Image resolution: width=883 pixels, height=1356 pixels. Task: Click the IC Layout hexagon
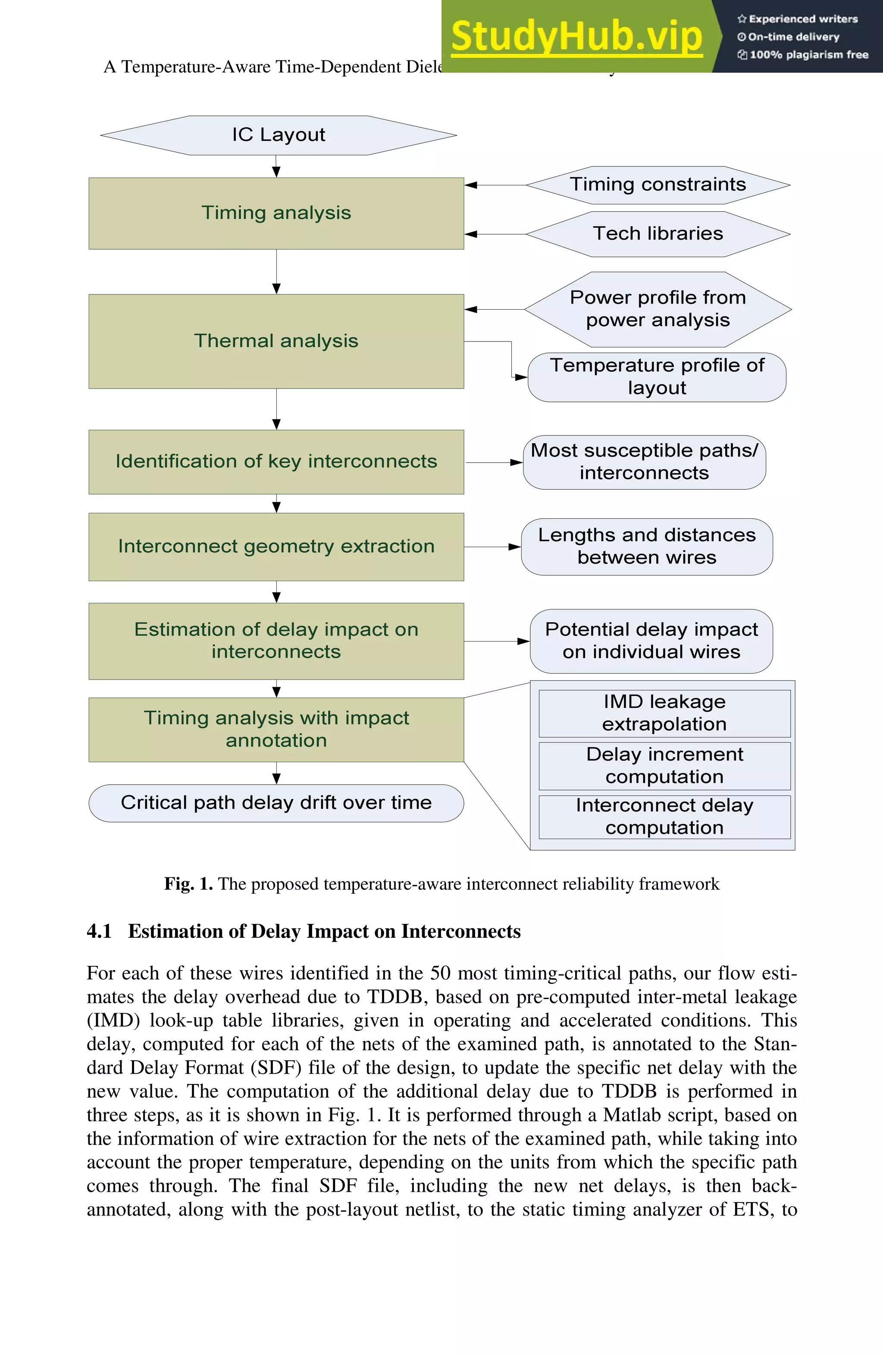(x=278, y=135)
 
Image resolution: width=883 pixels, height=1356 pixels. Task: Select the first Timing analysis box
(x=276, y=213)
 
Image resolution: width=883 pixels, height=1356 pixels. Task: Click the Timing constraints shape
(x=658, y=185)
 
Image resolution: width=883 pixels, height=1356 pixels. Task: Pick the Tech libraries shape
(x=658, y=234)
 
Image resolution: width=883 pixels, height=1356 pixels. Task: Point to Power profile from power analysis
(x=658, y=309)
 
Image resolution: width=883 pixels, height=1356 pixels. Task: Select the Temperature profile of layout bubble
(x=657, y=376)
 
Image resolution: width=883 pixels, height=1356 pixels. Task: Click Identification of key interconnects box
(x=276, y=461)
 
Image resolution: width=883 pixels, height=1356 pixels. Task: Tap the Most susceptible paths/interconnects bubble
(x=644, y=462)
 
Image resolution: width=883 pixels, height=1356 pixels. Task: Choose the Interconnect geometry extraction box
(x=276, y=546)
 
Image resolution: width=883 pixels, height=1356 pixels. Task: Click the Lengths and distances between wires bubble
(x=647, y=546)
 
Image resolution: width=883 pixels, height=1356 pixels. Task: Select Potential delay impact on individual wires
(x=651, y=641)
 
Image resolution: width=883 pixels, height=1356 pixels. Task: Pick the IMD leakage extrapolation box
(x=664, y=713)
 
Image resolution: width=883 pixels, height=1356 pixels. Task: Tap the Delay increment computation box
(x=664, y=766)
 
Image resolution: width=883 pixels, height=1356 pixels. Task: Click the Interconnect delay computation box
(x=664, y=817)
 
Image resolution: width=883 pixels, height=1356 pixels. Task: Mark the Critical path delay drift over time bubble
(x=276, y=803)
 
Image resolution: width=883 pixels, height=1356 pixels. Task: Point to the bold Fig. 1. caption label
(x=188, y=884)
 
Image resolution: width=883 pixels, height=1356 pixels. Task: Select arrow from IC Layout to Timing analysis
(x=276, y=166)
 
